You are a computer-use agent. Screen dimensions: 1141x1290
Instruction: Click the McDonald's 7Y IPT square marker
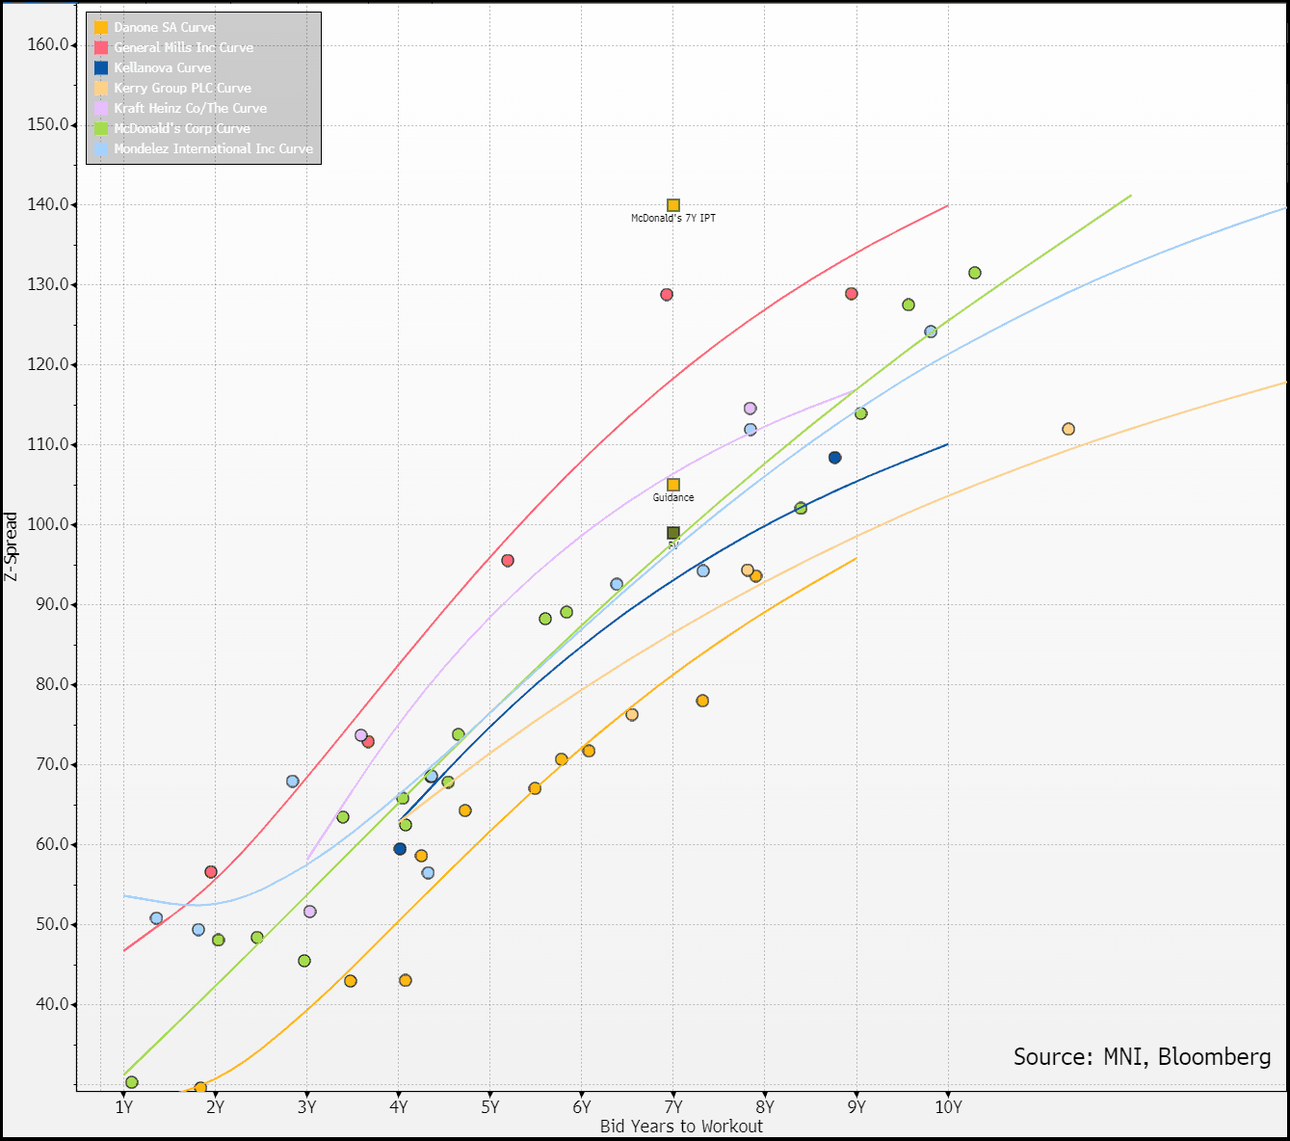coord(673,205)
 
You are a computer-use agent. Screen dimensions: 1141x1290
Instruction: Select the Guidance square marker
coord(673,485)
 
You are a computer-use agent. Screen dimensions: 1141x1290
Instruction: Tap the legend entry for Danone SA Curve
coord(164,27)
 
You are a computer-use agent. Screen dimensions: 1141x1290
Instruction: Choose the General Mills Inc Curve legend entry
coord(183,47)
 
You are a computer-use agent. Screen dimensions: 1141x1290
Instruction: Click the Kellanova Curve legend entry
coord(162,67)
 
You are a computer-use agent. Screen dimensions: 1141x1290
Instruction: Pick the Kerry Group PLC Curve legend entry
coord(182,88)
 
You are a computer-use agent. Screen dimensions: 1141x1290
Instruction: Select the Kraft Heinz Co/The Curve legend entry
coord(190,108)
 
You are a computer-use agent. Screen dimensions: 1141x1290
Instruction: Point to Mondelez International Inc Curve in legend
coord(213,148)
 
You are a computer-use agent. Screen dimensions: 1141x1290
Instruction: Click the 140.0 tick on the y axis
coord(49,204)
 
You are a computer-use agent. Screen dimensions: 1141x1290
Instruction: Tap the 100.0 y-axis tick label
coord(49,524)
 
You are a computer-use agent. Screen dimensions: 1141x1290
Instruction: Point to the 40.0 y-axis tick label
coord(52,1004)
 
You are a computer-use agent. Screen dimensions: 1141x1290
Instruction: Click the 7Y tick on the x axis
coord(673,1107)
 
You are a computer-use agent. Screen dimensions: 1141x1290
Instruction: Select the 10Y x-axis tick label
coord(948,1107)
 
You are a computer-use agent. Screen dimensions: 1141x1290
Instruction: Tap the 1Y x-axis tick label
coord(123,1107)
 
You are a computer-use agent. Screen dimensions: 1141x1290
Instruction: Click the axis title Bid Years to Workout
coord(681,1126)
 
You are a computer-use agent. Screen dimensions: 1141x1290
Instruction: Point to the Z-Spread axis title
coord(12,546)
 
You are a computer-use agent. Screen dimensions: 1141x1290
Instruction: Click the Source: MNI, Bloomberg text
coord(1142,1057)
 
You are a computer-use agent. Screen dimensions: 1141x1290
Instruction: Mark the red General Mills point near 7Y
coord(667,295)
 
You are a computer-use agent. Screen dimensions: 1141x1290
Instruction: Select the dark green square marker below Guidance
coord(673,533)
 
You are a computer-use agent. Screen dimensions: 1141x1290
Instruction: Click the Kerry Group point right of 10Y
coord(1068,429)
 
